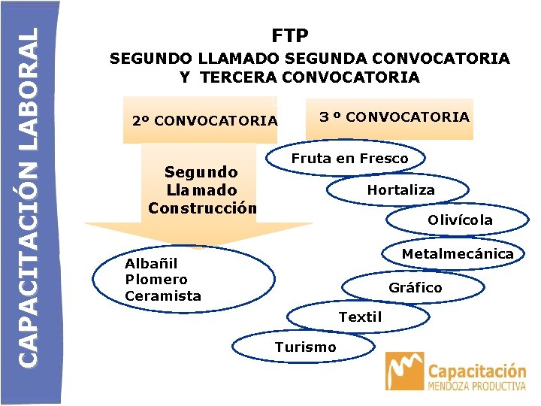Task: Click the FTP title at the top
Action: point(290,35)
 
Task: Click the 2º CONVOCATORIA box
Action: point(204,120)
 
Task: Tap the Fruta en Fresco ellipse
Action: point(349,159)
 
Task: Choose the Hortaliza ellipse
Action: point(400,190)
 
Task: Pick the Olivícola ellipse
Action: point(460,220)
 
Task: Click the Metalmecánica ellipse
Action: point(457,254)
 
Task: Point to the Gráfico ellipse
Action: point(415,288)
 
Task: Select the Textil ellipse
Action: point(360,317)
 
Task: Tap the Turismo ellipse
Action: point(305,347)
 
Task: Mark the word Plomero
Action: point(156,279)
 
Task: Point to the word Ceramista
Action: point(163,295)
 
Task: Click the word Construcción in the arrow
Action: point(202,208)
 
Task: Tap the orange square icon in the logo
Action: point(404,371)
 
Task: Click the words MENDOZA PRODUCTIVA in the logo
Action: point(476,386)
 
